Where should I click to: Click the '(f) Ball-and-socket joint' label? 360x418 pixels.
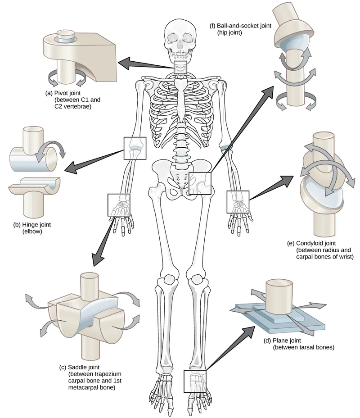click(240, 26)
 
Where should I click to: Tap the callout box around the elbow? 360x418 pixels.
click(135, 148)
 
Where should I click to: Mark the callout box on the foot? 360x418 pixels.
click(195, 381)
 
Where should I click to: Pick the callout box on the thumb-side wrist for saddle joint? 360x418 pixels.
click(119, 204)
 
